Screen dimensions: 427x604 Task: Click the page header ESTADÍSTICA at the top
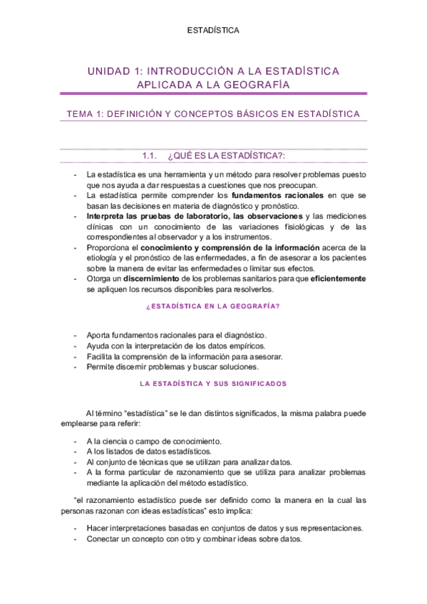[x=213, y=31]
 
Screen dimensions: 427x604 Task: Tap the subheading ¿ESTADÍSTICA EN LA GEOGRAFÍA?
[x=212, y=307]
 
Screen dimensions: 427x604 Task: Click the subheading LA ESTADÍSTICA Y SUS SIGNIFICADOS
[x=213, y=383]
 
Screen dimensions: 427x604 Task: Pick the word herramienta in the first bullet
[x=187, y=175]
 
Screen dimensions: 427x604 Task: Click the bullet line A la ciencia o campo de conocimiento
[x=153, y=442]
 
